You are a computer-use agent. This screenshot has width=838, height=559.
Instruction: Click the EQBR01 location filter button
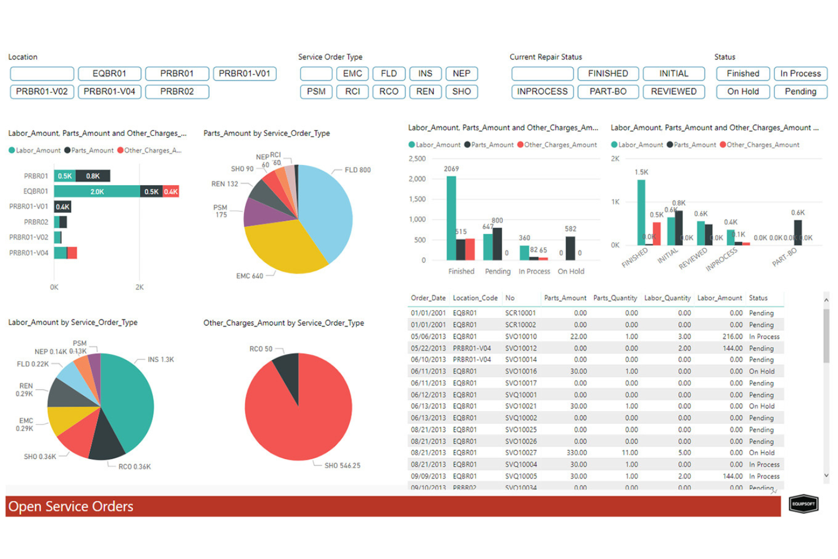[109, 74]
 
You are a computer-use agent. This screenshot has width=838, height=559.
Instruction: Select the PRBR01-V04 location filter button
[109, 92]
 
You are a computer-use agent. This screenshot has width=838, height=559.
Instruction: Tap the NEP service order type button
[461, 74]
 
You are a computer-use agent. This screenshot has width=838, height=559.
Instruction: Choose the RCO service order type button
[388, 92]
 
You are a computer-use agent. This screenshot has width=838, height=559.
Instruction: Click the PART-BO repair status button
[608, 92]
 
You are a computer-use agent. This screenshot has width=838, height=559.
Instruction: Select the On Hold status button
[743, 92]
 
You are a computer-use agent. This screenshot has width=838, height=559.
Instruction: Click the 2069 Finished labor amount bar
[451, 218]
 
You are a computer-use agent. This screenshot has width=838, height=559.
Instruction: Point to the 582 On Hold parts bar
[570, 248]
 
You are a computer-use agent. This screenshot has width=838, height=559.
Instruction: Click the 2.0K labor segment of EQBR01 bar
[97, 191]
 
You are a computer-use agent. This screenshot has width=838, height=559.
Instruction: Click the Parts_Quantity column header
[615, 298]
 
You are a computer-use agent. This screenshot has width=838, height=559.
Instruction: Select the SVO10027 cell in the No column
[520, 453]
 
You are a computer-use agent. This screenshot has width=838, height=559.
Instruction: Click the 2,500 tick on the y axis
[417, 159]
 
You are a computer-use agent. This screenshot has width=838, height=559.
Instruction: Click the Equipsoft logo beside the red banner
[803, 503]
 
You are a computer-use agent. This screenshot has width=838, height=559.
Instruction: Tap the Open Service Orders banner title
[71, 506]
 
